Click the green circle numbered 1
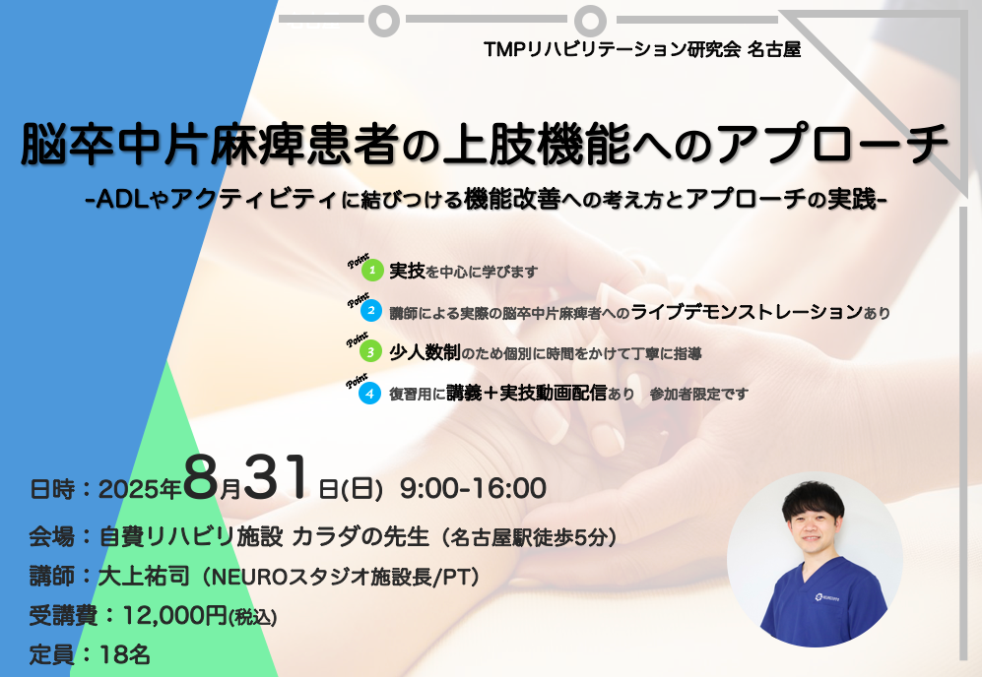point(372,271)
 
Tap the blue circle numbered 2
point(371,310)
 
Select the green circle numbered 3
point(370,351)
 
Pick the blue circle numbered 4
point(369,394)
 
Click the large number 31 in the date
point(276,477)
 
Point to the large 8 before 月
point(201,477)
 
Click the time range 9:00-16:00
point(473,489)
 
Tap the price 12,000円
point(174,616)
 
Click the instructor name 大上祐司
point(144,577)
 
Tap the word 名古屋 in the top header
point(774,49)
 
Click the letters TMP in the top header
point(505,49)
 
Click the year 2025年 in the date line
point(140,489)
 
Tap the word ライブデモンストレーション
point(748,311)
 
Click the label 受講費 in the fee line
point(63,616)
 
